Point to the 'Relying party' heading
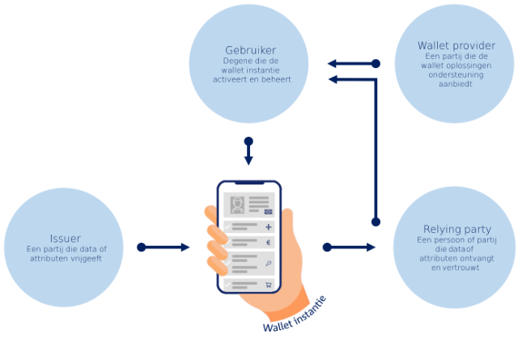click(456, 229)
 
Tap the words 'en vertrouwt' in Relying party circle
click(456, 267)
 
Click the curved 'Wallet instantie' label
click(295, 315)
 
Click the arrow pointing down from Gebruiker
click(248, 152)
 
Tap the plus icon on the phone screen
click(268, 228)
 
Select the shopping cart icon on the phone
click(268, 285)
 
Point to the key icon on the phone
click(268, 264)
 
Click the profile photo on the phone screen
click(238, 204)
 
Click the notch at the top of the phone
click(248, 185)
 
